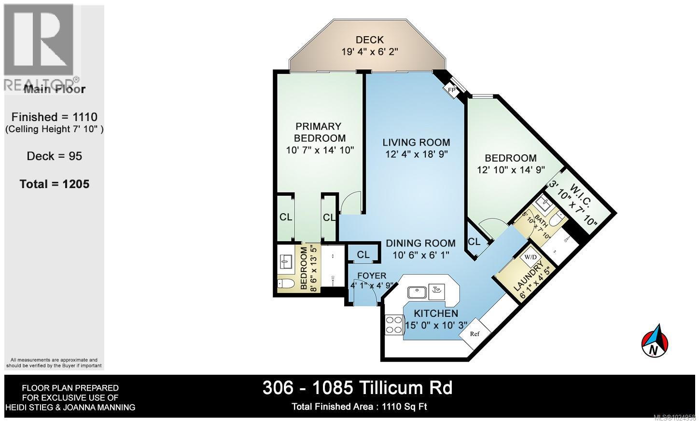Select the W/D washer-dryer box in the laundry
pyautogui.click(x=530, y=257)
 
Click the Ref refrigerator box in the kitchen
pyautogui.click(x=475, y=334)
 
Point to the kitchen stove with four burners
pyautogui.click(x=394, y=325)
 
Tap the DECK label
pyautogui.click(x=369, y=40)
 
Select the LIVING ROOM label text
pyautogui.click(x=416, y=142)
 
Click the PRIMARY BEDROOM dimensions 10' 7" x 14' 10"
pyautogui.click(x=320, y=150)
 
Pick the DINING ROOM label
pyautogui.click(x=420, y=244)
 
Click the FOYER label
pyautogui.click(x=371, y=276)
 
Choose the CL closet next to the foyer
pyautogui.click(x=363, y=255)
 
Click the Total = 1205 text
pyautogui.click(x=55, y=184)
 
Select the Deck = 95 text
pyautogui.click(x=55, y=156)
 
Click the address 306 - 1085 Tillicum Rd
pyautogui.click(x=357, y=387)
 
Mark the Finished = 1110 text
pyautogui.click(x=55, y=117)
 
